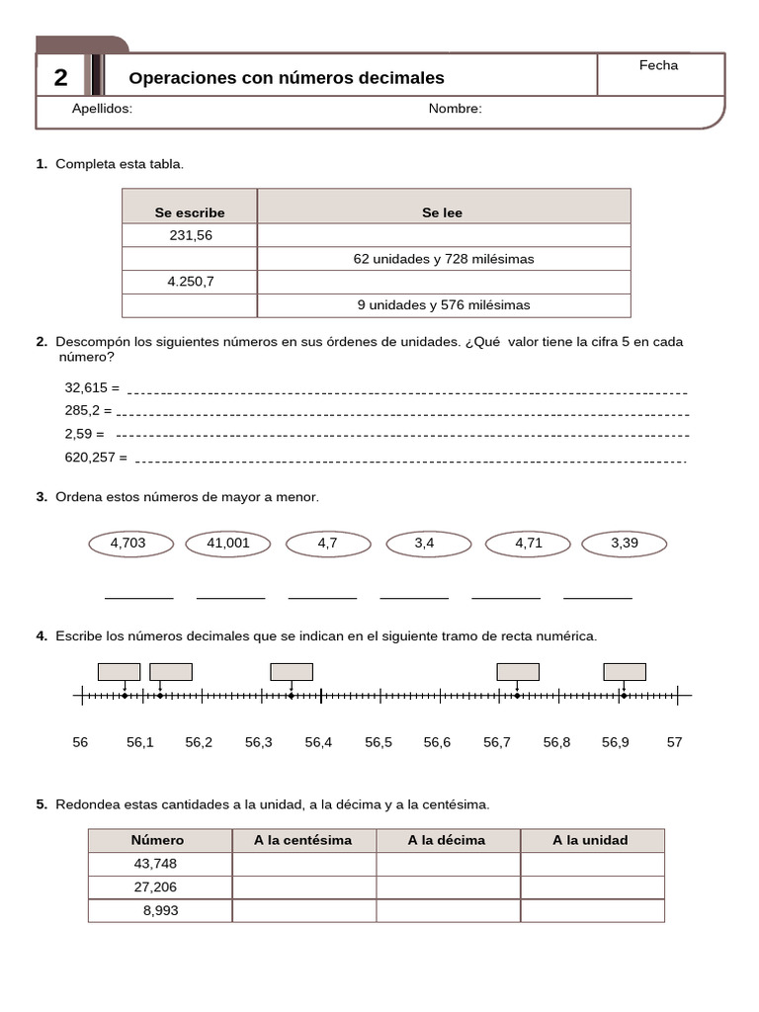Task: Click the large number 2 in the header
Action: [x=61, y=78]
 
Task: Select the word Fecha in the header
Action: [x=658, y=65]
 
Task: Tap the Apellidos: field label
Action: [x=102, y=109]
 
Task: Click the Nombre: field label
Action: [x=455, y=109]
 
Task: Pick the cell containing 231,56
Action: [x=190, y=235]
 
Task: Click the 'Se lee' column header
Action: [x=442, y=212]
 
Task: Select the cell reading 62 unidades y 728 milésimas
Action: [x=444, y=259]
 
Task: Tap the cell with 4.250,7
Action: [x=190, y=282]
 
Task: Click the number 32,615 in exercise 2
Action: [x=87, y=388]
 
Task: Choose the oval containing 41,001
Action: [x=228, y=543]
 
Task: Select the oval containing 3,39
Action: [x=625, y=543]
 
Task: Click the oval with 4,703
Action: [x=128, y=543]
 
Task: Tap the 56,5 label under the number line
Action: [x=379, y=742]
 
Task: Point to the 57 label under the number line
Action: [x=674, y=742]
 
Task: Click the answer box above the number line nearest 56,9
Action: [x=625, y=672]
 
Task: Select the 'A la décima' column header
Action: [x=447, y=840]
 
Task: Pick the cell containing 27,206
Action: [x=155, y=887]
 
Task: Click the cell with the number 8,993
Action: [x=160, y=910]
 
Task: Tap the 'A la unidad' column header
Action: [x=590, y=840]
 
